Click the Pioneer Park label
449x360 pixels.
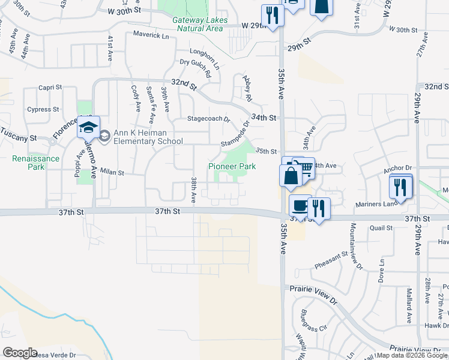[x=232, y=166]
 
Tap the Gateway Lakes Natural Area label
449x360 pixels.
[x=197, y=23]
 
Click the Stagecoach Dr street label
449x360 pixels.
[x=209, y=119]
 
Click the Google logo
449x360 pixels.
[x=19, y=353]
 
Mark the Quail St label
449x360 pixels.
[x=381, y=228]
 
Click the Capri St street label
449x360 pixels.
[x=50, y=88]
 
